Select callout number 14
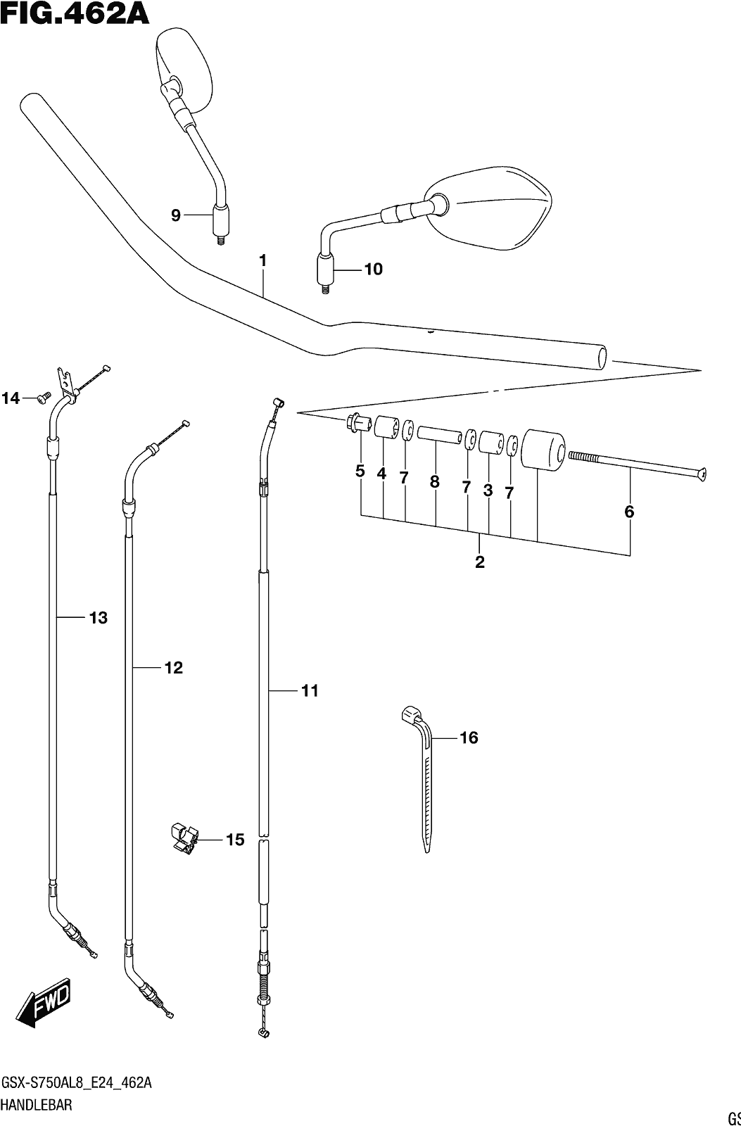(x=11, y=398)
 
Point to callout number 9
(x=175, y=215)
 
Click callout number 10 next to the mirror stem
(x=373, y=270)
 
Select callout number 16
(x=469, y=738)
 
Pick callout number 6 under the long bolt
(x=629, y=512)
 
